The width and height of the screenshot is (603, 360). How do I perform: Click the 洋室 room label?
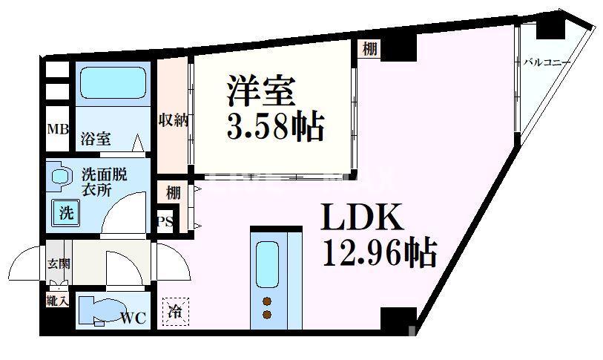pos(261,92)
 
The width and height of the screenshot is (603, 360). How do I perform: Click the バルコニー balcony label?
pos(547,62)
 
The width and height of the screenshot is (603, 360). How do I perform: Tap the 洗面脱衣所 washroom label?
pos(103,182)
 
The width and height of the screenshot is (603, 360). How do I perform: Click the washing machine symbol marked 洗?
pos(66,214)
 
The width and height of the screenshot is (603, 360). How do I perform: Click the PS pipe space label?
pos(164,222)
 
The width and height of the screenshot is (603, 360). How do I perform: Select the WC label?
pos(134,318)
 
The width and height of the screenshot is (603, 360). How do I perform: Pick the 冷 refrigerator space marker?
pos(176,311)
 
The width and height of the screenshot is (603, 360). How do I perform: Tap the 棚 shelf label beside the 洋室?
pos(369,50)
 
